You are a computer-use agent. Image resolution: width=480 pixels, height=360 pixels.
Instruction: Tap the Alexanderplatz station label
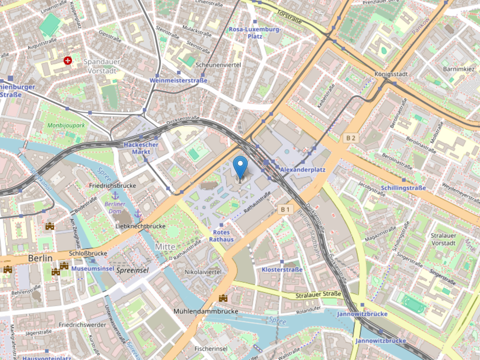(x=302, y=170)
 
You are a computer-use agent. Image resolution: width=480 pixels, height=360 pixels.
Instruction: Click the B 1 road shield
(x=285, y=209)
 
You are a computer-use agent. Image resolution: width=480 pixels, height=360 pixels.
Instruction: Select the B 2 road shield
(x=350, y=138)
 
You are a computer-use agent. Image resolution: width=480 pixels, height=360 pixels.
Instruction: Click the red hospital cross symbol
(x=68, y=61)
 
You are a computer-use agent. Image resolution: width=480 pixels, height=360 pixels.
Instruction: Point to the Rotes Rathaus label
(x=221, y=236)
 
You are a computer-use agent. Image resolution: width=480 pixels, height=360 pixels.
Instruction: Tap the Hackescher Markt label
(x=141, y=148)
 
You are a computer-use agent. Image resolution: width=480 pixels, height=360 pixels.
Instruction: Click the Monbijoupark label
(x=66, y=125)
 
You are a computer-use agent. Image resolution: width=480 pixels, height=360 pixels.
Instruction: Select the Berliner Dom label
(x=115, y=208)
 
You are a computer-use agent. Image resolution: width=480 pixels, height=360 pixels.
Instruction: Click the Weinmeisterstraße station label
(x=178, y=80)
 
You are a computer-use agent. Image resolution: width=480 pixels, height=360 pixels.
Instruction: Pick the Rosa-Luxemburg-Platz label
(x=255, y=33)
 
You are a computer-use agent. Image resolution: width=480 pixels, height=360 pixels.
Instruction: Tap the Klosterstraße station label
(x=282, y=269)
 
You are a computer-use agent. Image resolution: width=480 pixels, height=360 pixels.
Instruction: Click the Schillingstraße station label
(x=403, y=188)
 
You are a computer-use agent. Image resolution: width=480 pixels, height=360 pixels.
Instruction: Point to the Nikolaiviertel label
(x=203, y=272)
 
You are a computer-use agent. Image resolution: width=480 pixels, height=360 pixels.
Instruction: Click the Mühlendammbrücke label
(x=206, y=311)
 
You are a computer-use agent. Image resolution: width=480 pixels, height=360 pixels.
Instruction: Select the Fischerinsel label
(x=211, y=349)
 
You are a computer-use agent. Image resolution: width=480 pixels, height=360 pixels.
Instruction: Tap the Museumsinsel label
(x=92, y=268)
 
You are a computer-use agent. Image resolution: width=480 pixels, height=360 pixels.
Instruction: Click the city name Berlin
(x=40, y=258)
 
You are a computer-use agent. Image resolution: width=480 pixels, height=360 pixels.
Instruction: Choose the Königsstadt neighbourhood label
(x=391, y=74)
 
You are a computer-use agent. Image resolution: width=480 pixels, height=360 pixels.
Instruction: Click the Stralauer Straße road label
(x=318, y=295)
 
